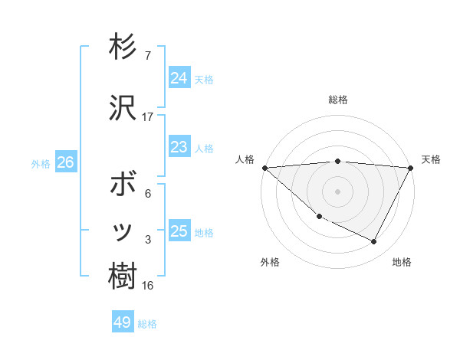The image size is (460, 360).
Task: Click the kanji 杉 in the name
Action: pyautogui.click(x=123, y=47)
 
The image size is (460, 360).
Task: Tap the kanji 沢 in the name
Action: pyautogui.click(x=123, y=108)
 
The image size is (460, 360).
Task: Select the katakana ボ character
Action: pyautogui.click(x=123, y=185)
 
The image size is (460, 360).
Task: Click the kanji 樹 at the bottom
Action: pyautogui.click(x=123, y=277)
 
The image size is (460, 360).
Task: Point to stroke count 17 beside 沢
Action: pyautogui.click(x=148, y=117)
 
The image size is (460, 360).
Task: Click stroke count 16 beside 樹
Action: pyautogui.click(x=148, y=286)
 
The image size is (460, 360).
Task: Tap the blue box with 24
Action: pyautogui.click(x=179, y=77)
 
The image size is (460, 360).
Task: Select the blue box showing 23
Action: pyautogui.click(x=179, y=146)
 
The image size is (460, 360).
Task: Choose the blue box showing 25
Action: pyautogui.click(x=179, y=231)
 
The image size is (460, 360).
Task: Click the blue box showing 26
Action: pyautogui.click(x=65, y=162)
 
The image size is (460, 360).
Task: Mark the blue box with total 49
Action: pyautogui.click(x=122, y=322)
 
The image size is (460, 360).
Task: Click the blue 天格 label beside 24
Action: pyautogui.click(x=204, y=80)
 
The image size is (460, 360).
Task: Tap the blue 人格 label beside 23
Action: pyautogui.click(x=204, y=149)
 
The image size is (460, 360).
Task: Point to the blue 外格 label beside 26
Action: pyautogui.click(x=41, y=164)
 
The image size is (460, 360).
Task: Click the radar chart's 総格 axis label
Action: pyautogui.click(x=337, y=100)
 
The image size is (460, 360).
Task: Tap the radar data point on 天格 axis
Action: pyautogui.click(x=411, y=167)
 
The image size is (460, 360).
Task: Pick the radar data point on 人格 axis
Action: pyautogui.click(x=264, y=167)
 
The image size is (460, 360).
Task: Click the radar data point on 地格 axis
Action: pyautogui.click(x=374, y=242)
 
